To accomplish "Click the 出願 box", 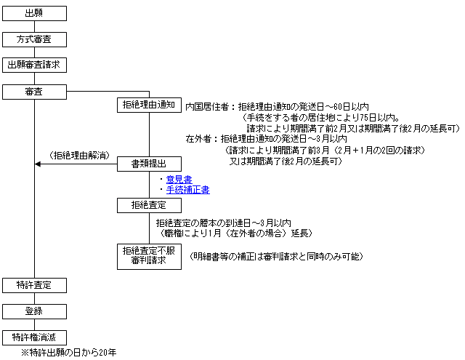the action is (x=34, y=13).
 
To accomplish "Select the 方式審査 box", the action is (x=34, y=39).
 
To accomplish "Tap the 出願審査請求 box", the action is (x=34, y=65).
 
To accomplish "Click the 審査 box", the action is (x=34, y=92).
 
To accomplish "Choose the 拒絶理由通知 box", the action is (x=149, y=105).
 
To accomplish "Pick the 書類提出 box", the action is (x=149, y=164).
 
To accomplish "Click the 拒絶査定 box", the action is (x=149, y=205).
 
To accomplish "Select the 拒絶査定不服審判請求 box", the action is (x=149, y=257).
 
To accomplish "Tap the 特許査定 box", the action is (x=34, y=286).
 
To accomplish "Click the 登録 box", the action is (x=34, y=311).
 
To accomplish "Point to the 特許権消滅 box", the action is (x=34, y=337).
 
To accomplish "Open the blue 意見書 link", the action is (x=179, y=180).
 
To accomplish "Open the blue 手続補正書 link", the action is (x=188, y=190).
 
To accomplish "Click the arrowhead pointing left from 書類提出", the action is (x=37, y=164).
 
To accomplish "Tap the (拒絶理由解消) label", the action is (x=79, y=156).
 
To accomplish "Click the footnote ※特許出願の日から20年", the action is (x=69, y=353).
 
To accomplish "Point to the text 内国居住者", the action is (x=207, y=107).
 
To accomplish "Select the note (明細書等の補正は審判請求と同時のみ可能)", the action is (x=276, y=257).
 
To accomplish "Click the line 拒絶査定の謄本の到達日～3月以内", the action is (x=224, y=223).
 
